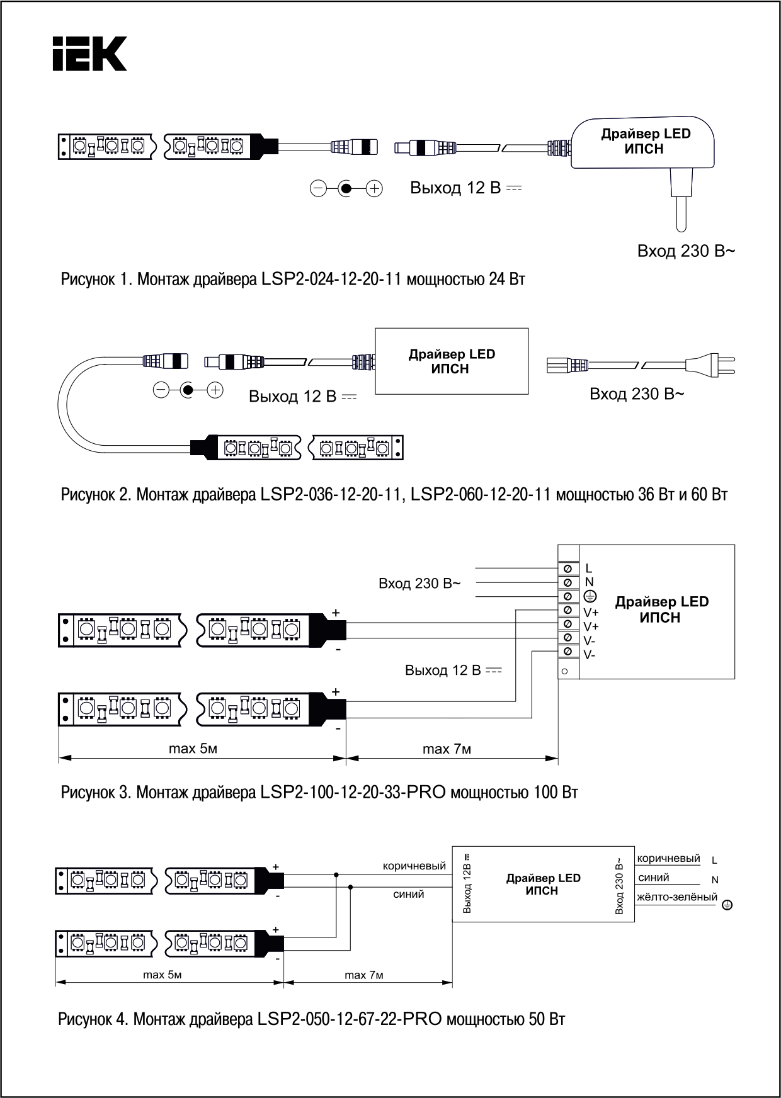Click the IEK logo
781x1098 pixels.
pyautogui.click(x=89, y=54)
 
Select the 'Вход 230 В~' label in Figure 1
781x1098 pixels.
pyautogui.click(x=686, y=251)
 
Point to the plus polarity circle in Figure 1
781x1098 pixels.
pyautogui.click(x=375, y=188)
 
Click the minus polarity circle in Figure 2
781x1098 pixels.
pyautogui.click(x=161, y=390)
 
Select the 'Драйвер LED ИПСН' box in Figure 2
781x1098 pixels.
pyautogui.click(x=452, y=361)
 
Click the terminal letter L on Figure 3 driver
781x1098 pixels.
pyautogui.click(x=589, y=569)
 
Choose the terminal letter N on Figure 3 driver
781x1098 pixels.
pyautogui.click(x=590, y=582)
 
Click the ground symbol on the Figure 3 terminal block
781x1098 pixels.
pyautogui.click(x=590, y=596)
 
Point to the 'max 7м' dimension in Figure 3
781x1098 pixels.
pyautogui.click(x=447, y=749)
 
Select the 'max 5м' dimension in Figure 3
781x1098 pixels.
pyautogui.click(x=193, y=749)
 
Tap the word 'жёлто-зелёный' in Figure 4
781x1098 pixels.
pyautogui.click(x=676, y=897)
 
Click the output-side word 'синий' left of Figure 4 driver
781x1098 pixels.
pyautogui.click(x=408, y=894)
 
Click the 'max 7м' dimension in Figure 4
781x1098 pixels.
pyautogui.click(x=363, y=975)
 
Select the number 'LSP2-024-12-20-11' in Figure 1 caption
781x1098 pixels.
pyautogui.click(x=331, y=279)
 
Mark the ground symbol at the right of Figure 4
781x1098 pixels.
pyautogui.click(x=726, y=905)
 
